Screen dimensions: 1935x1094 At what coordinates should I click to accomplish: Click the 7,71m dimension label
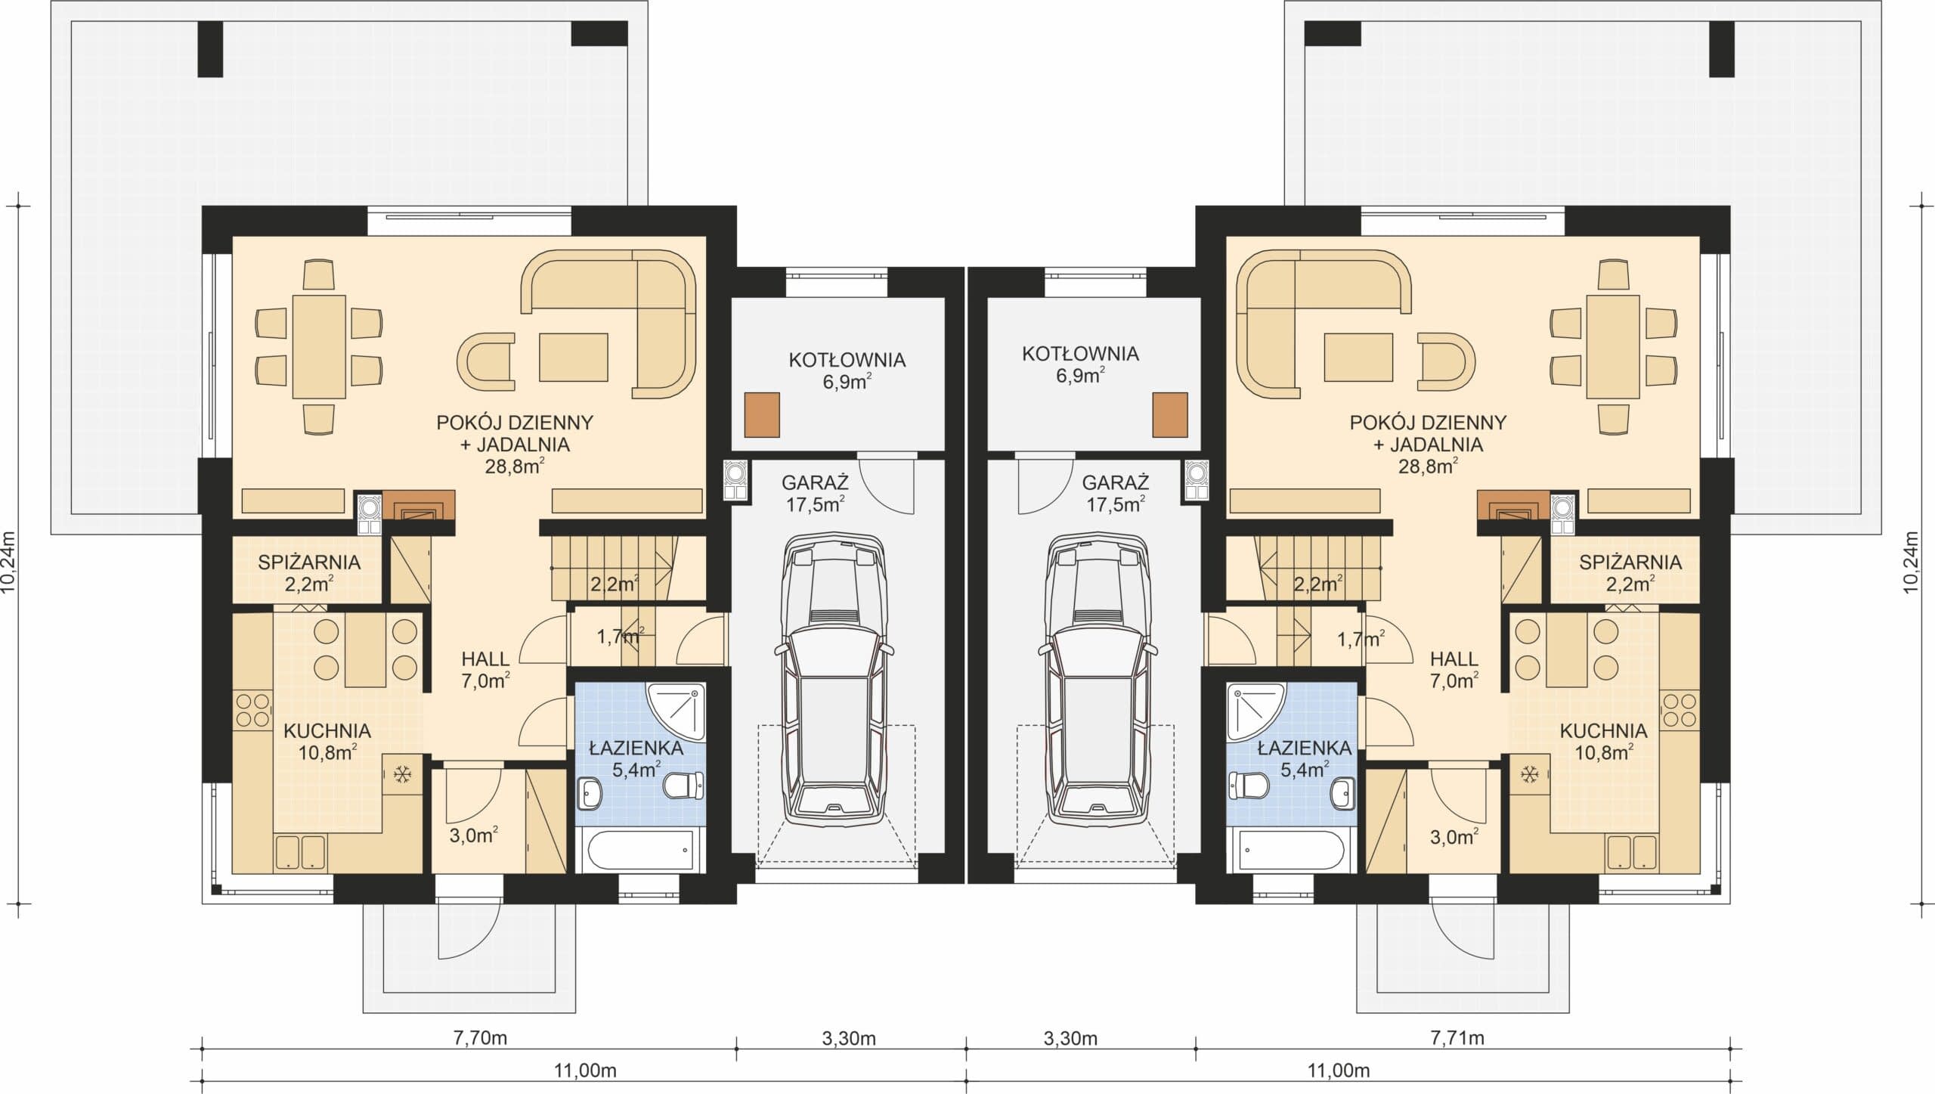pyautogui.click(x=1457, y=1037)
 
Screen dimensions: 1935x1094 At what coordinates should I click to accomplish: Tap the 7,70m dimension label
pyautogui.click(x=480, y=1037)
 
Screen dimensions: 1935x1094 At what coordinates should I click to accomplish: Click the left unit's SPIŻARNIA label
pyautogui.click(x=308, y=562)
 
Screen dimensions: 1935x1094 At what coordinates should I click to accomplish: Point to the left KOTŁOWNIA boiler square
pyautogui.click(x=762, y=414)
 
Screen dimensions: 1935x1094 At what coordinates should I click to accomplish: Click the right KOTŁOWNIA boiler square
pyautogui.click(x=1170, y=414)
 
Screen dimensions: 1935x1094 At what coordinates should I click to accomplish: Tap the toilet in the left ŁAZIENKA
pyautogui.click(x=684, y=786)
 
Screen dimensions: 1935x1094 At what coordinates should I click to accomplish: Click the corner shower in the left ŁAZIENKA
pyautogui.click(x=676, y=713)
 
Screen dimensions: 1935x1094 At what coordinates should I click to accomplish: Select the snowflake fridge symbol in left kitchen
pyautogui.click(x=402, y=774)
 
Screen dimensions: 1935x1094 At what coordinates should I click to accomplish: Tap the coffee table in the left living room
pyautogui.click(x=574, y=357)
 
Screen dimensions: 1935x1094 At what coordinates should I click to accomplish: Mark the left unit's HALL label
pyautogui.click(x=486, y=659)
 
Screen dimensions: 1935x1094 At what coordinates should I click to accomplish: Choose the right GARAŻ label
pyautogui.click(x=1116, y=482)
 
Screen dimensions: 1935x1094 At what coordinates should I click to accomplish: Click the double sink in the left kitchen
pyautogui.click(x=301, y=851)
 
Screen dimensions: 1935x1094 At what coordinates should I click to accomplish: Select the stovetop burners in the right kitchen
pyautogui.click(x=1680, y=710)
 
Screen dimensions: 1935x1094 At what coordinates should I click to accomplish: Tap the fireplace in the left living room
pyautogui.click(x=419, y=504)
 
